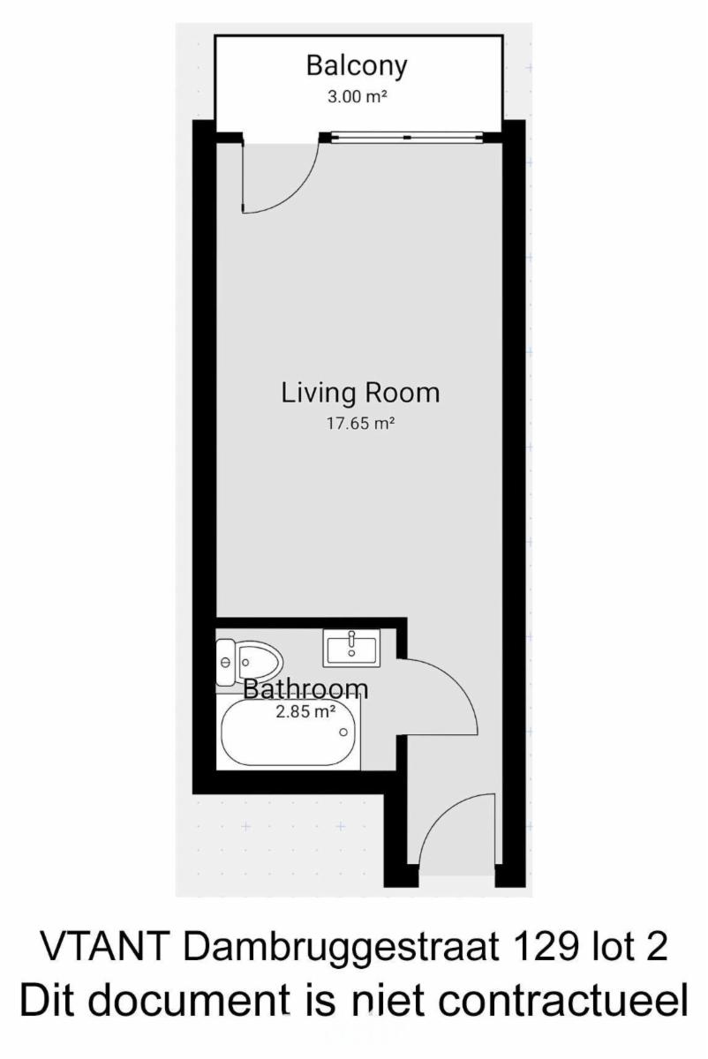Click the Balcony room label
click(x=357, y=66)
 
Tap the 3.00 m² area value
click(x=358, y=97)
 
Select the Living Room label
click(x=360, y=394)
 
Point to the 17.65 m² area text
click(x=360, y=423)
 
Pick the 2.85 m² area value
click(x=306, y=711)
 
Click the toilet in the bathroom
click(x=249, y=663)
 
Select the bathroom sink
click(x=351, y=648)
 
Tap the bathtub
click(x=289, y=732)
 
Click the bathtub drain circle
click(x=343, y=732)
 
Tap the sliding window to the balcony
click(x=407, y=137)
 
